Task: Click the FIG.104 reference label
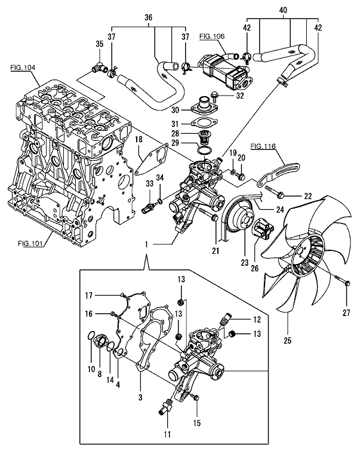click(23, 69)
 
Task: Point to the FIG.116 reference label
click(263, 146)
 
